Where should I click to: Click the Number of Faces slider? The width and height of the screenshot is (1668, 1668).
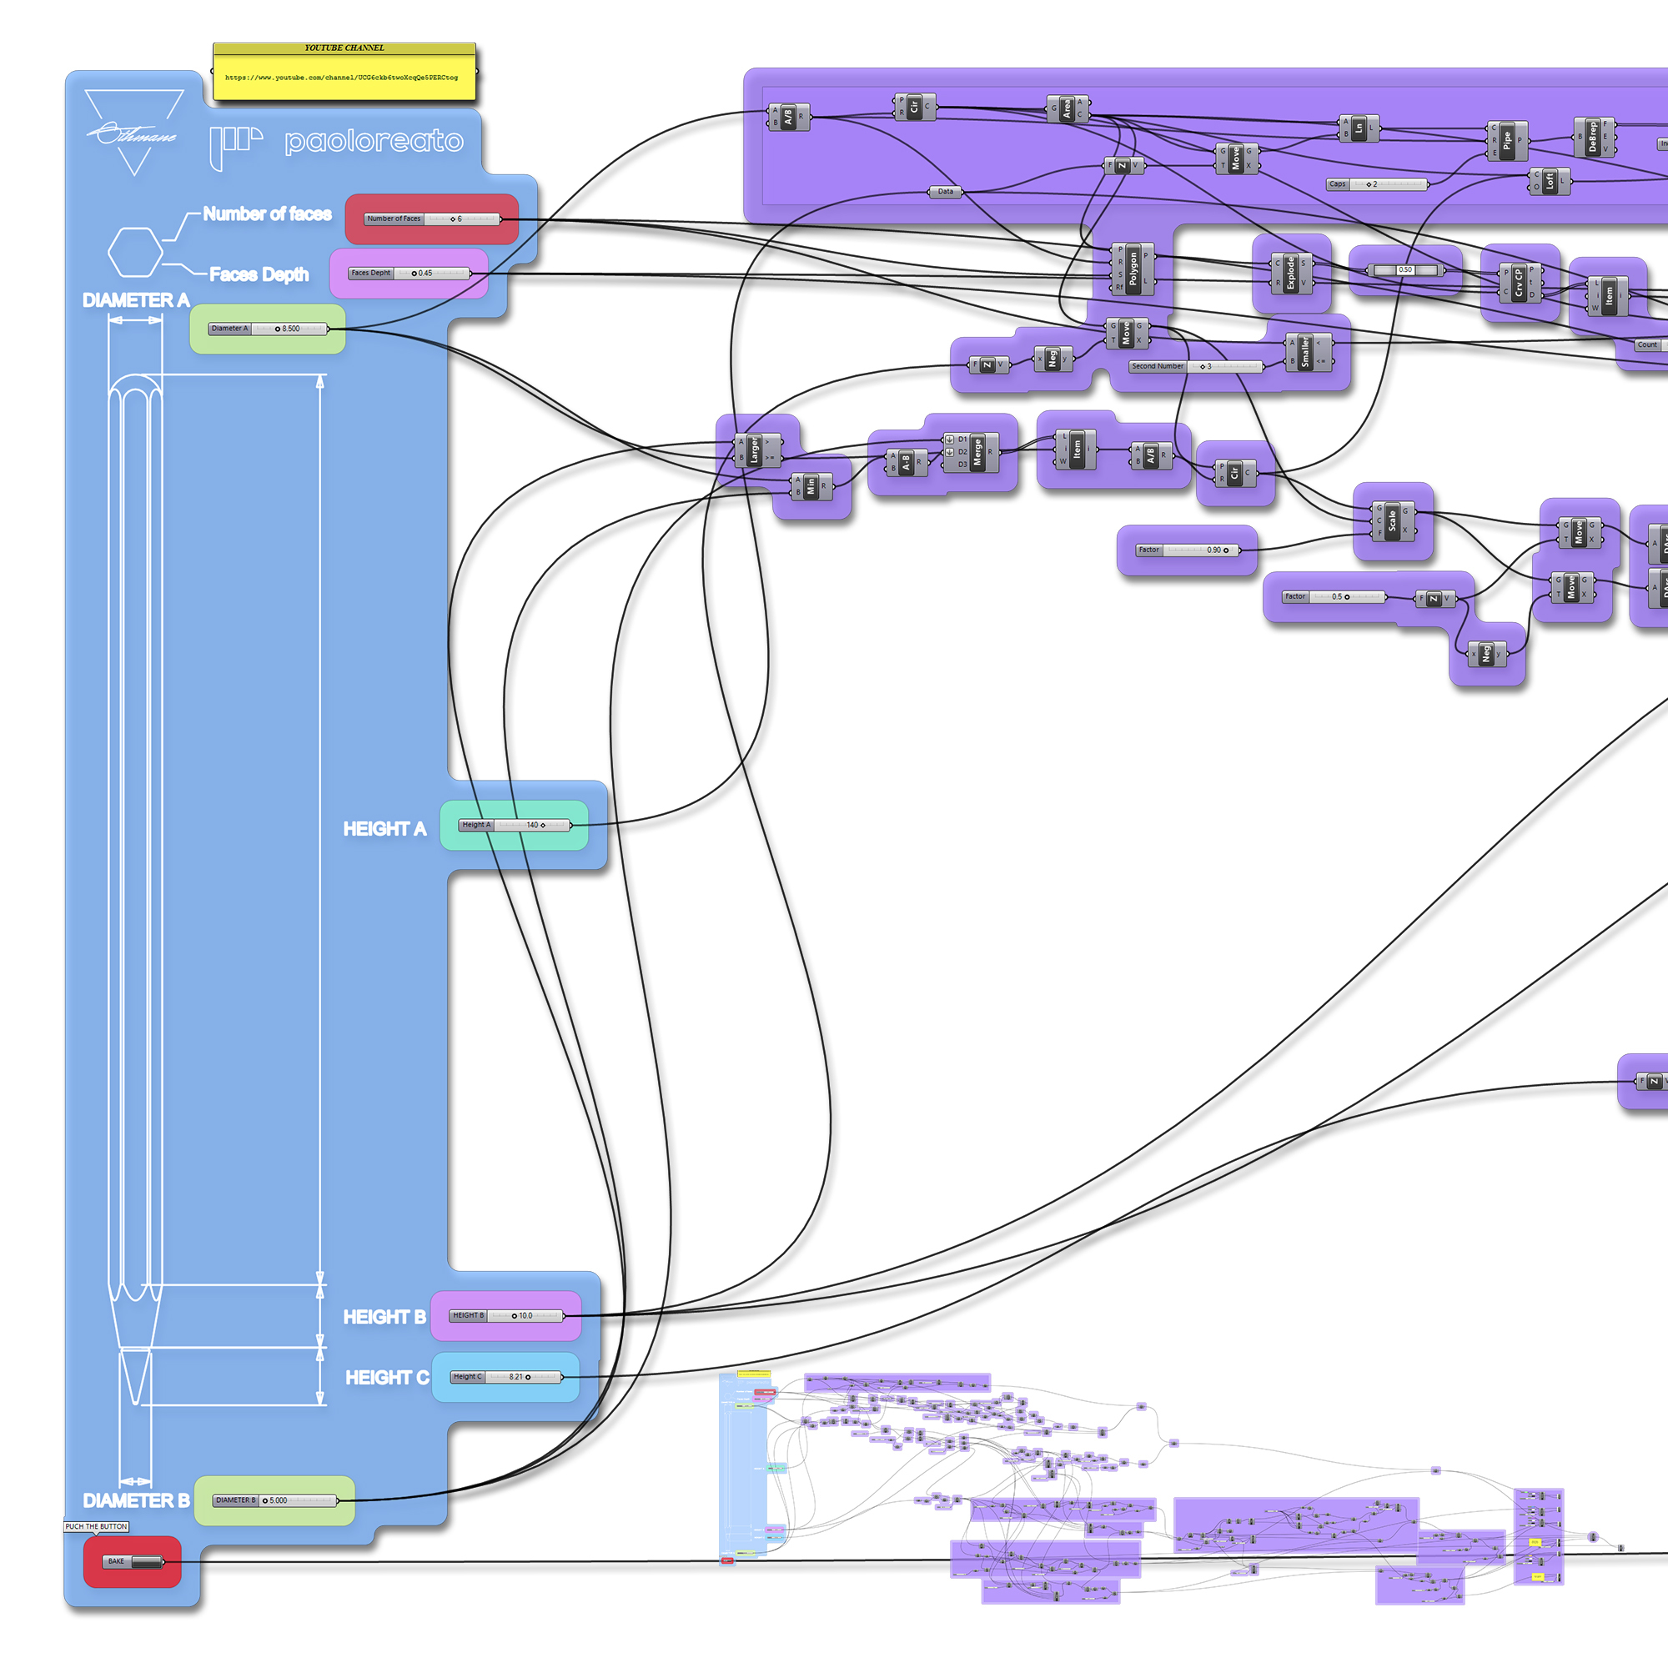(432, 219)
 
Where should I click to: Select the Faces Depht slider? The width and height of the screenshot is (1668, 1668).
(409, 274)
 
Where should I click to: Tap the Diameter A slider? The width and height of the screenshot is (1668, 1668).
(268, 329)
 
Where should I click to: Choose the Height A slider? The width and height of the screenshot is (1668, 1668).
(515, 826)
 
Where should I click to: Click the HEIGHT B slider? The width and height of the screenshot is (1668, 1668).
(506, 1316)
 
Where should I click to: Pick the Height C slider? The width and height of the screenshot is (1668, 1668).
(505, 1377)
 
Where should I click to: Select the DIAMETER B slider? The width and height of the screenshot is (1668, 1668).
(274, 1500)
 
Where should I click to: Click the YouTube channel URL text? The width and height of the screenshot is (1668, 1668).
(342, 78)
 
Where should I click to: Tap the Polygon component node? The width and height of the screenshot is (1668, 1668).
(1133, 269)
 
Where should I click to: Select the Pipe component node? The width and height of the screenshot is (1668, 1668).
(1506, 141)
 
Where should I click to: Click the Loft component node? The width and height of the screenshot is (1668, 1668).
(1549, 181)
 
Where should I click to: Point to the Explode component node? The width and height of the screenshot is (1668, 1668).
(1291, 273)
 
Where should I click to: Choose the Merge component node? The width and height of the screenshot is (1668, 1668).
(977, 452)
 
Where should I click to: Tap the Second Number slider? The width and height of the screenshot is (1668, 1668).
(1196, 367)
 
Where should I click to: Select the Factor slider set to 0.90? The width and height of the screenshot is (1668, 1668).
(1187, 550)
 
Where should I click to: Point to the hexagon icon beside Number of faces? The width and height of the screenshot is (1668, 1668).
(134, 252)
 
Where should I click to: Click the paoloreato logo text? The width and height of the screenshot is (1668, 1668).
(374, 142)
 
